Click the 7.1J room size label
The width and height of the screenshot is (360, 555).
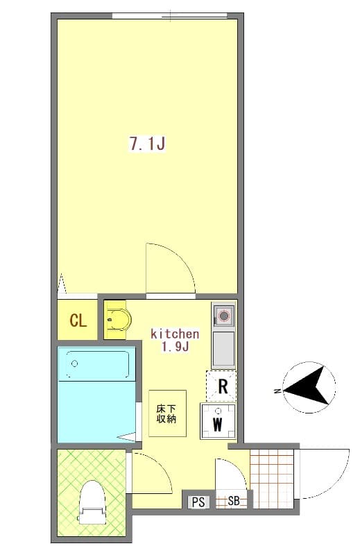click(146, 144)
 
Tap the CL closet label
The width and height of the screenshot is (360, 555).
click(78, 321)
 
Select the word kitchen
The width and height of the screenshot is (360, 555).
click(175, 334)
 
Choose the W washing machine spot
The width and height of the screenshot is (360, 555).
click(218, 423)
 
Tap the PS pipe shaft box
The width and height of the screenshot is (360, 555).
click(198, 502)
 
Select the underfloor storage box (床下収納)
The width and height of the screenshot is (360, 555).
click(167, 413)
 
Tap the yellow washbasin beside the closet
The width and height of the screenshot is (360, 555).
click(117, 321)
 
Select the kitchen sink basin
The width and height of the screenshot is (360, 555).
click(223, 349)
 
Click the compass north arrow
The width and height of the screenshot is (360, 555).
click(309, 388)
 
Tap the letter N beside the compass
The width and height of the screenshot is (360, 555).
click(277, 393)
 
